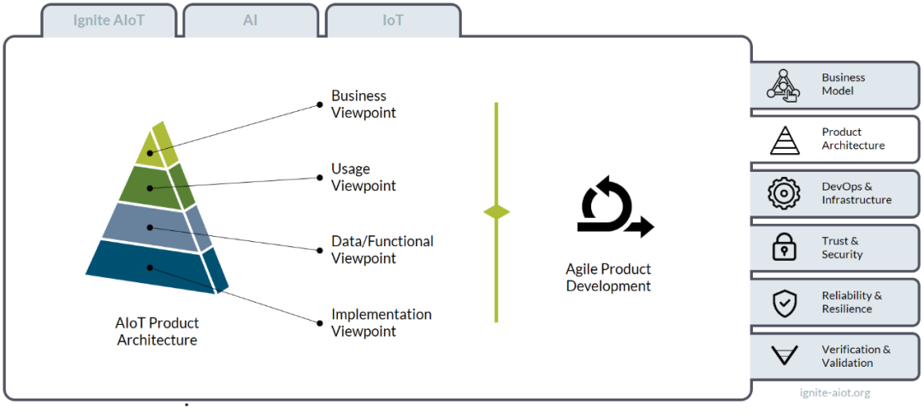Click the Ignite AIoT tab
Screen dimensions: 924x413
[109, 21]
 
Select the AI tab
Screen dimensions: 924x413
[251, 21]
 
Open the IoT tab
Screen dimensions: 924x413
[393, 21]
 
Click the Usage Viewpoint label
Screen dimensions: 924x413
[364, 177]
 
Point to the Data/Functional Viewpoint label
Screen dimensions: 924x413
[382, 249]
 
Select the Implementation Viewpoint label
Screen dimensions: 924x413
[382, 322]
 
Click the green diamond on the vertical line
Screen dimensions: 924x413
[496, 212]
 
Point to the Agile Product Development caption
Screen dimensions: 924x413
[608, 278]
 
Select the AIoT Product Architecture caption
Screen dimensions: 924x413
[157, 332]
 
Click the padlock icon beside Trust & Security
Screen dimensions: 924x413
[785, 247]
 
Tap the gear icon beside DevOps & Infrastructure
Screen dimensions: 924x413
[785, 193]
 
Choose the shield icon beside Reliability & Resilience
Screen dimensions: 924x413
[785, 302]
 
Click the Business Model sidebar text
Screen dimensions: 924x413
[844, 85]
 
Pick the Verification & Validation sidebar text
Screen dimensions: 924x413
[856, 356]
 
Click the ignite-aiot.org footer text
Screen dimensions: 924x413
[834, 392]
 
